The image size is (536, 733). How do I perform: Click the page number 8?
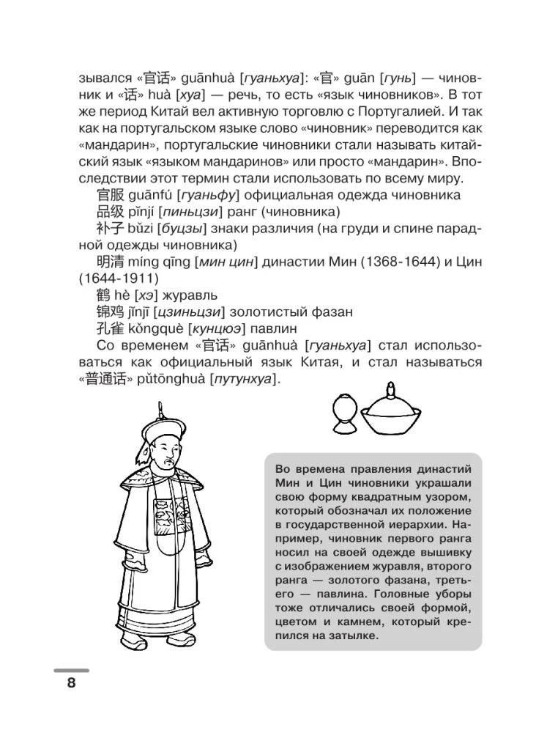pyautogui.click(x=71, y=683)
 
